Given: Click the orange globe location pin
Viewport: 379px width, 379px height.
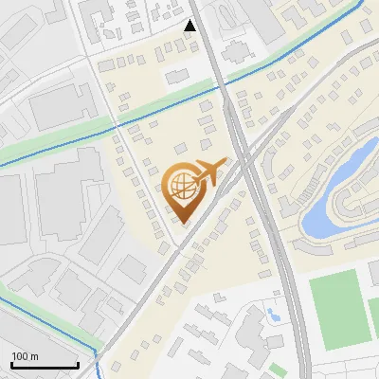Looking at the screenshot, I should tap(184, 189).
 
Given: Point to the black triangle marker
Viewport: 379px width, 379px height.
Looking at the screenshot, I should tap(190, 26).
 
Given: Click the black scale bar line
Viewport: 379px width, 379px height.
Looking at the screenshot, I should tap(45, 366).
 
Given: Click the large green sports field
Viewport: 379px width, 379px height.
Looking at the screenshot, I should tap(335, 309).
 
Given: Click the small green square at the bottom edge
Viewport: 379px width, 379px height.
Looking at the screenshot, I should tap(277, 369).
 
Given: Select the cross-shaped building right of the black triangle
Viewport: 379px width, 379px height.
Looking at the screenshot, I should tap(234, 50).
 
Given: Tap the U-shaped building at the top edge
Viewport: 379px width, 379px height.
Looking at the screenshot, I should tap(227, 11).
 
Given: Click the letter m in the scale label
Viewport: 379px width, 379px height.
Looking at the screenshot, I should tap(35, 356).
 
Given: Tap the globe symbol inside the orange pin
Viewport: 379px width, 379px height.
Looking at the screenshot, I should tap(184, 185).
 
